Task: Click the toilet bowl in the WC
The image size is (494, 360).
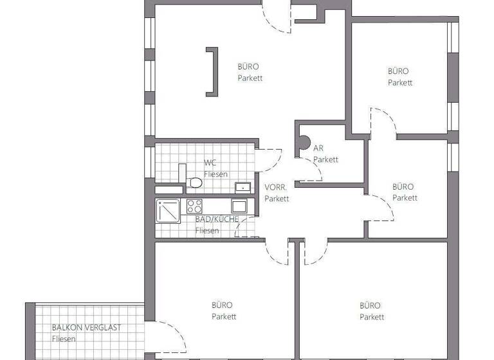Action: pyautogui.click(x=194, y=183)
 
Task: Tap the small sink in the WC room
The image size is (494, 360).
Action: pyautogui.click(x=242, y=188)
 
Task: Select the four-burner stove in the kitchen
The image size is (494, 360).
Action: pyautogui.click(x=194, y=206)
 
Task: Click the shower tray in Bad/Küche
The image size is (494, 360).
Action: pyautogui.click(x=168, y=211)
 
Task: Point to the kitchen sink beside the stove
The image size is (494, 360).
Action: pyautogui.click(x=239, y=206)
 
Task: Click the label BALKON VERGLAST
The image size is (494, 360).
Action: pyautogui.click(x=86, y=328)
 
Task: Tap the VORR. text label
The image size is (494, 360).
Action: pyautogui.click(x=276, y=188)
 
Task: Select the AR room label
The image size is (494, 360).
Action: pyautogui.click(x=318, y=148)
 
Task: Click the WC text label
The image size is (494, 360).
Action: pyautogui.click(x=210, y=163)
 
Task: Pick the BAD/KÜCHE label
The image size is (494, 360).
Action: pyautogui.click(x=217, y=219)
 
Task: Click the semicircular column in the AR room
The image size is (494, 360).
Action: pyautogui.click(x=303, y=143)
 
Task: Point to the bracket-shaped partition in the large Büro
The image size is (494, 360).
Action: pyautogui.click(x=212, y=72)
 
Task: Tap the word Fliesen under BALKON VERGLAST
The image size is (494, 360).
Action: pyautogui.click(x=64, y=339)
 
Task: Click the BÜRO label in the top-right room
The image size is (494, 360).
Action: pyautogui.click(x=398, y=71)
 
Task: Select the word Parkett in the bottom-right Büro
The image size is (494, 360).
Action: pyautogui.click(x=372, y=317)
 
